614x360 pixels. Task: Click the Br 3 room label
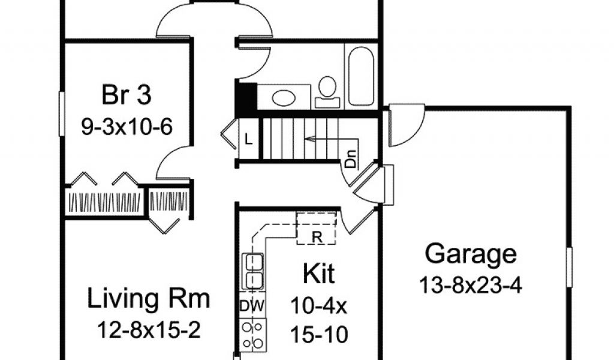(126, 95)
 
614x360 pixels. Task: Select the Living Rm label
(149, 298)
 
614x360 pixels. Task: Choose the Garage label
(471, 254)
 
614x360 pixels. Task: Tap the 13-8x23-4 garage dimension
(471, 284)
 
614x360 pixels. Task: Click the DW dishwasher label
(252, 305)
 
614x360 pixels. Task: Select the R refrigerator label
(316, 236)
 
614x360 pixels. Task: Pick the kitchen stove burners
(253, 334)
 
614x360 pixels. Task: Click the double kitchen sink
(253, 272)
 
